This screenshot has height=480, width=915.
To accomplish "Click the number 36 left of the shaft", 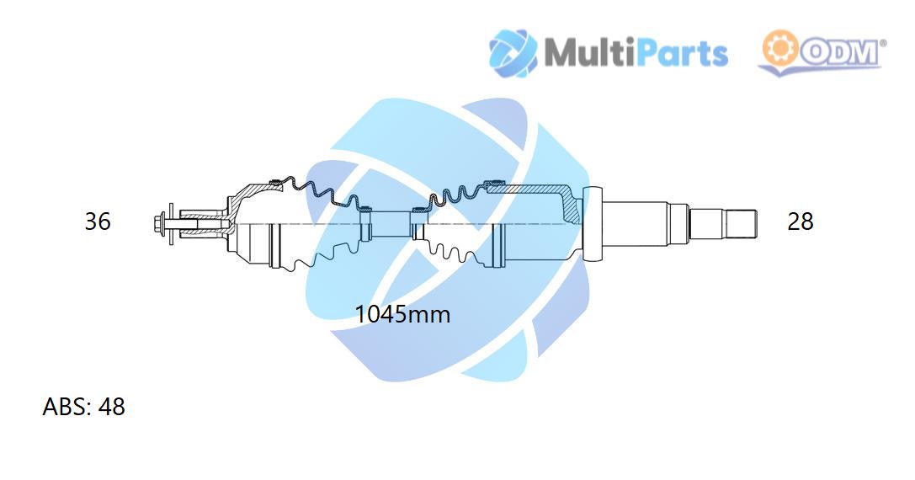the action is [98, 221].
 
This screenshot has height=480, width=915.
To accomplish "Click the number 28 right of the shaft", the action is [800, 221].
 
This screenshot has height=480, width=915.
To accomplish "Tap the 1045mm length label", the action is [402, 314].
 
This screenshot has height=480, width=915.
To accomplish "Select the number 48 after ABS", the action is [111, 407].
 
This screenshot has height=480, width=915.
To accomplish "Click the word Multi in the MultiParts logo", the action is [588, 52].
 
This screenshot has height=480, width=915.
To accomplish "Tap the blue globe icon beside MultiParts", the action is [513, 52].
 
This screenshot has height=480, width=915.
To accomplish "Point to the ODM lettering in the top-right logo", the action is [840, 52].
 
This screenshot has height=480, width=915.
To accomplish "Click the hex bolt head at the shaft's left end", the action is [158, 223].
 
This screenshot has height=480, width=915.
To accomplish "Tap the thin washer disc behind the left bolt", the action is [171, 224].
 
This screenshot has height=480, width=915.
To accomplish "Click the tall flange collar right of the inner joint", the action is [593, 224].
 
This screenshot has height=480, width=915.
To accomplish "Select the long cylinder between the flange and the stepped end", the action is [635, 224].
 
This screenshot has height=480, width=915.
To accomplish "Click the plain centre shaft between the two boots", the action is [391, 224].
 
